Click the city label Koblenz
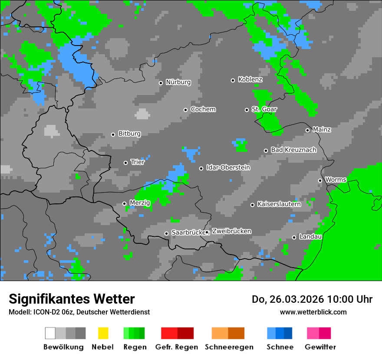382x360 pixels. pyautogui.click(x=250, y=80)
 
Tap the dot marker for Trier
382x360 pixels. pyautogui.click(x=126, y=163)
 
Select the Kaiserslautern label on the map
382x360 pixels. pyautogui.click(x=279, y=204)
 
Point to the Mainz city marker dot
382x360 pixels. pyautogui.click(x=308, y=130)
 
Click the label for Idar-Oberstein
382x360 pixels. pyautogui.click(x=228, y=167)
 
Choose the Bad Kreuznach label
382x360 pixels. pyautogui.click(x=293, y=150)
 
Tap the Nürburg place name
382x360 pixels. pyautogui.click(x=178, y=82)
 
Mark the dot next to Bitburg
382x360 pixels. pyautogui.click(x=113, y=134)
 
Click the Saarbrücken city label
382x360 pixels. pyautogui.click(x=188, y=232)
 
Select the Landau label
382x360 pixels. pyautogui.click(x=310, y=237)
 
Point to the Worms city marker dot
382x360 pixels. pyautogui.click(x=320, y=180)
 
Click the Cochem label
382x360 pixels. pyautogui.click(x=203, y=109)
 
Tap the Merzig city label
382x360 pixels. pyautogui.click(x=139, y=203)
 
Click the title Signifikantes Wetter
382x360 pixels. pyautogui.click(x=72, y=299)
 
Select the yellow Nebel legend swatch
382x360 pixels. pyautogui.click(x=103, y=333)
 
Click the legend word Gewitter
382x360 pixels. pyautogui.click(x=320, y=347)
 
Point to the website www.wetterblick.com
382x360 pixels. pyautogui.click(x=313, y=312)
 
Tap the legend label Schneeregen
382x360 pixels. pyautogui.click(x=229, y=347)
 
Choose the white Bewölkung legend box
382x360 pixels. pyautogui.click(x=50, y=333)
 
